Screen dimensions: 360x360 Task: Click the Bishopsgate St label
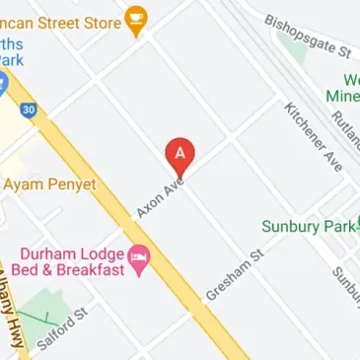[309, 36]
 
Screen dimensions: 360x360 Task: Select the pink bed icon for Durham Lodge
[141, 259]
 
